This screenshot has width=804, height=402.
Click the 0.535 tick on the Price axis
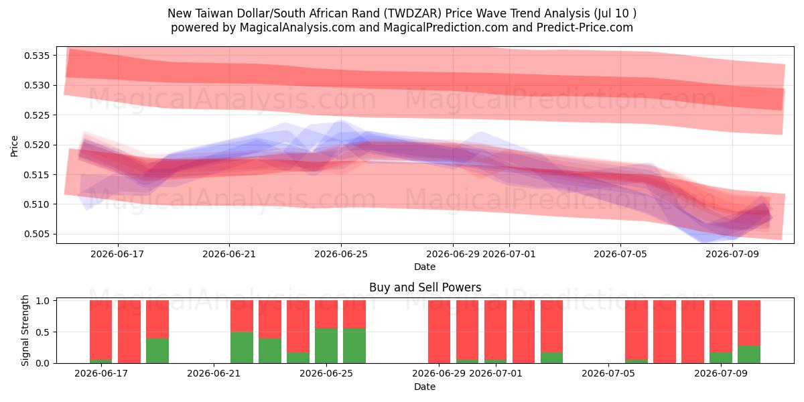37,56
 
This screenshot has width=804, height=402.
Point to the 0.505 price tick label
37,234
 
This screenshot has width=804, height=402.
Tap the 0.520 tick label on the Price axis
37,145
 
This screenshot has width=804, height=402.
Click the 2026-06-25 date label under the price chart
341,254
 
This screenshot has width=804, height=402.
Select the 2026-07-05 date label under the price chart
620,254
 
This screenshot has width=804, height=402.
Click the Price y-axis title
14,146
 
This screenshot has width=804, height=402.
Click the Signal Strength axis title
25,330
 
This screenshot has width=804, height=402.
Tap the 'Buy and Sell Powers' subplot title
425,287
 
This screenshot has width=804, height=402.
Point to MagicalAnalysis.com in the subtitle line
297,27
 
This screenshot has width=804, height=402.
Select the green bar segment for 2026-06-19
157,350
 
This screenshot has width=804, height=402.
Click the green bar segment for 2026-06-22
242,348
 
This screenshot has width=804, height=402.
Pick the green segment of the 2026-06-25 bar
326,346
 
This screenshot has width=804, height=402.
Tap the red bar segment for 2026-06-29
439,332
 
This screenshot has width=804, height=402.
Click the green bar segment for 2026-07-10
749,354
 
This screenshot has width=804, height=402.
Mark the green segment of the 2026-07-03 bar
551,358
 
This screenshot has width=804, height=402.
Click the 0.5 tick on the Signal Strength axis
43,332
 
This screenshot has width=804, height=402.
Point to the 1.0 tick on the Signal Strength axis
43,301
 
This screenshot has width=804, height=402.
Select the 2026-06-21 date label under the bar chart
214,374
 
